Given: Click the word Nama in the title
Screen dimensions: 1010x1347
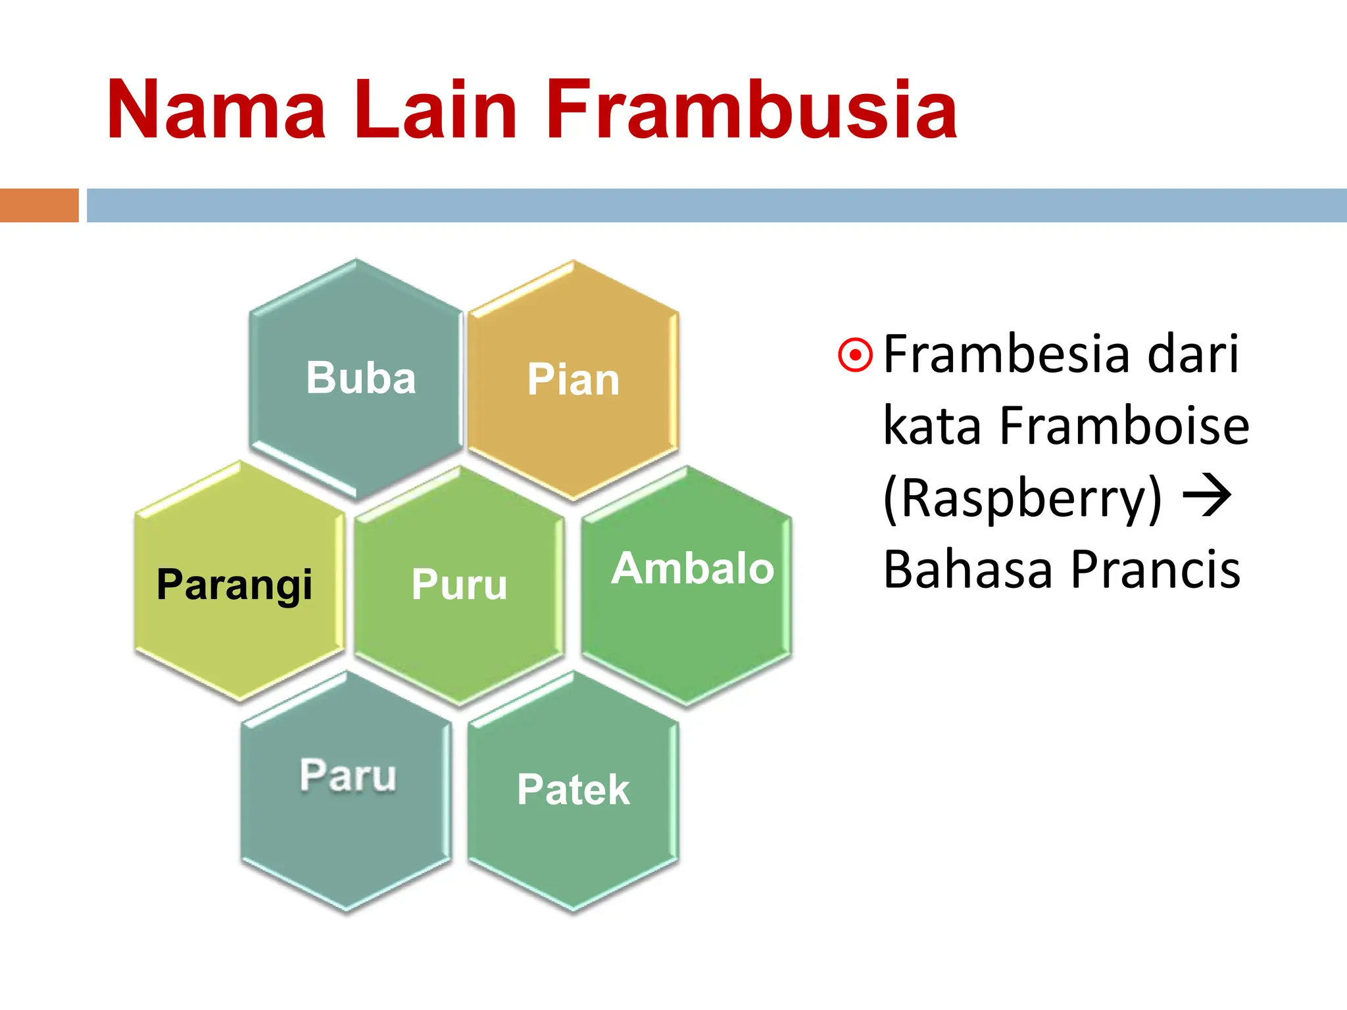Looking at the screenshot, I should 217,110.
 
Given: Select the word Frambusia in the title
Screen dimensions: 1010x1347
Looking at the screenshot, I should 750,110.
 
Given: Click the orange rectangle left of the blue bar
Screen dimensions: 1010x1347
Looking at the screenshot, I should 39,205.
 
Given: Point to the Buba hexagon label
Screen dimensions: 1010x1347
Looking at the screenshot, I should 361,379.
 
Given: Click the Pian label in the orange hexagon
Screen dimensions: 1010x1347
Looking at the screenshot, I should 573,380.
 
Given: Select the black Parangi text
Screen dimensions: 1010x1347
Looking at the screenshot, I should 234,585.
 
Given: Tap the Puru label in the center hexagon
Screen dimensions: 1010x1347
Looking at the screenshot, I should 459,585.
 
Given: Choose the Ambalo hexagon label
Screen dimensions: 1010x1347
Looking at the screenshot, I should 693,569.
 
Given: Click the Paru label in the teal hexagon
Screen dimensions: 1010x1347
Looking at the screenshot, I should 348,775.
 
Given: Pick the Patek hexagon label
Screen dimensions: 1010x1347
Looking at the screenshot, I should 573,790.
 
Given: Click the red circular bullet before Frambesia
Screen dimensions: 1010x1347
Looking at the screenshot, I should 855,356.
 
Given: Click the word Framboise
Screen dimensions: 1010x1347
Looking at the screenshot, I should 1124,426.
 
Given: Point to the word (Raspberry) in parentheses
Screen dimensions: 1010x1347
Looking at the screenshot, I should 1023,500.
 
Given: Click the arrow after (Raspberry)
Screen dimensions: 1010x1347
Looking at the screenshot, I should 1207,496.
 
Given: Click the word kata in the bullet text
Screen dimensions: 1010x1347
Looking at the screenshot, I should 933,426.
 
